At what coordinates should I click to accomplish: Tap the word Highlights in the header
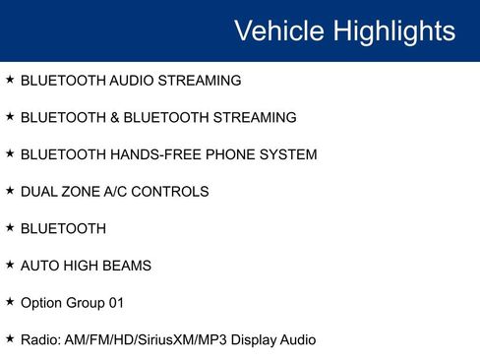(x=394, y=30)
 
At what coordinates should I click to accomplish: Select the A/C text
(x=121, y=192)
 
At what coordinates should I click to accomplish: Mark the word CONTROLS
(x=174, y=192)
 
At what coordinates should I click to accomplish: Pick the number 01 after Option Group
(x=116, y=303)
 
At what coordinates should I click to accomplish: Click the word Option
(x=41, y=303)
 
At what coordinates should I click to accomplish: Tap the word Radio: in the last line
(x=41, y=340)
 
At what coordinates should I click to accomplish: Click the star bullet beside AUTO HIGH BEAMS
(x=10, y=265)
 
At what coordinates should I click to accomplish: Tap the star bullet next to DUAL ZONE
(x=10, y=191)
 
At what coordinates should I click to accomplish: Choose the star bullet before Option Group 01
(x=10, y=302)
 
